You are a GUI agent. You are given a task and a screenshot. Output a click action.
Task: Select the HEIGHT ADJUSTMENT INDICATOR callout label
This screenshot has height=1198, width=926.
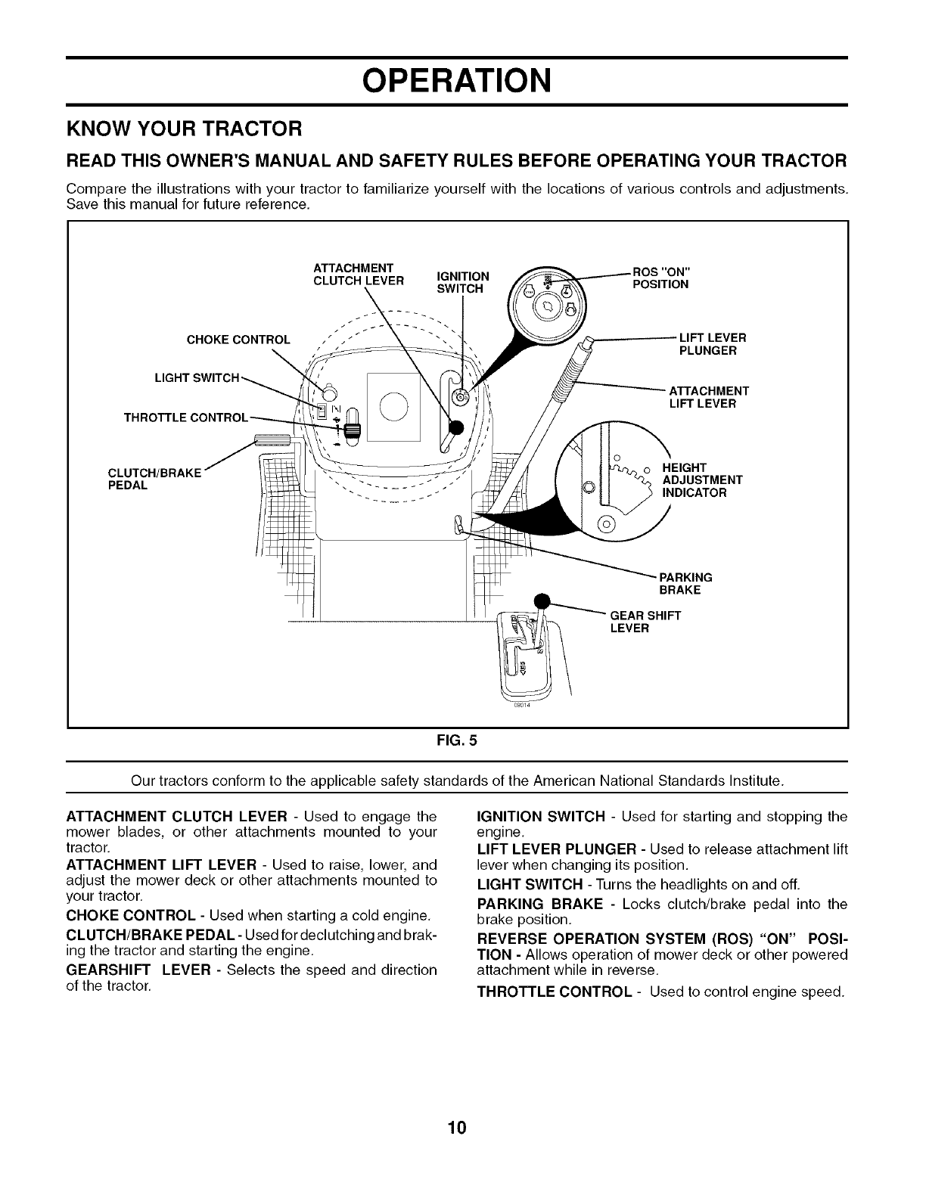[701, 480]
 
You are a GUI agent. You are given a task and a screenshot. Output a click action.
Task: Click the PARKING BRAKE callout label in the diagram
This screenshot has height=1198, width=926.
[685, 584]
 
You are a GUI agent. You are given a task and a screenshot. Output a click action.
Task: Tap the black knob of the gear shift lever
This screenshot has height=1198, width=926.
[542, 602]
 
